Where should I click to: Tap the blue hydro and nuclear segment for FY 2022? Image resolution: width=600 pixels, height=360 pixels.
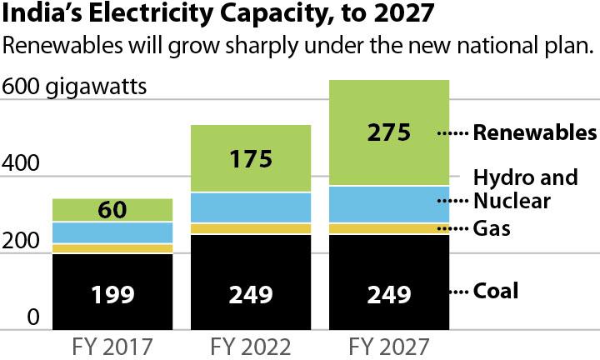coord(252,207)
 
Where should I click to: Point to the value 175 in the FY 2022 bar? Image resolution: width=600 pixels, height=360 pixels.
coord(251,159)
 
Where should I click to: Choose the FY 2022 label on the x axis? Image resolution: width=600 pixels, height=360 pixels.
coord(252,344)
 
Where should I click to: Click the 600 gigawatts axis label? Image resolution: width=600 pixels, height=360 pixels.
coord(76,87)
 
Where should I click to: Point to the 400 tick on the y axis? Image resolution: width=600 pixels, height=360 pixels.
coord(21,164)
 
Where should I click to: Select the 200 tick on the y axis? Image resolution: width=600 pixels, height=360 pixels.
coord(21,242)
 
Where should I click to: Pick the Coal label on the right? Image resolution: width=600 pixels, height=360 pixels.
coord(496,291)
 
